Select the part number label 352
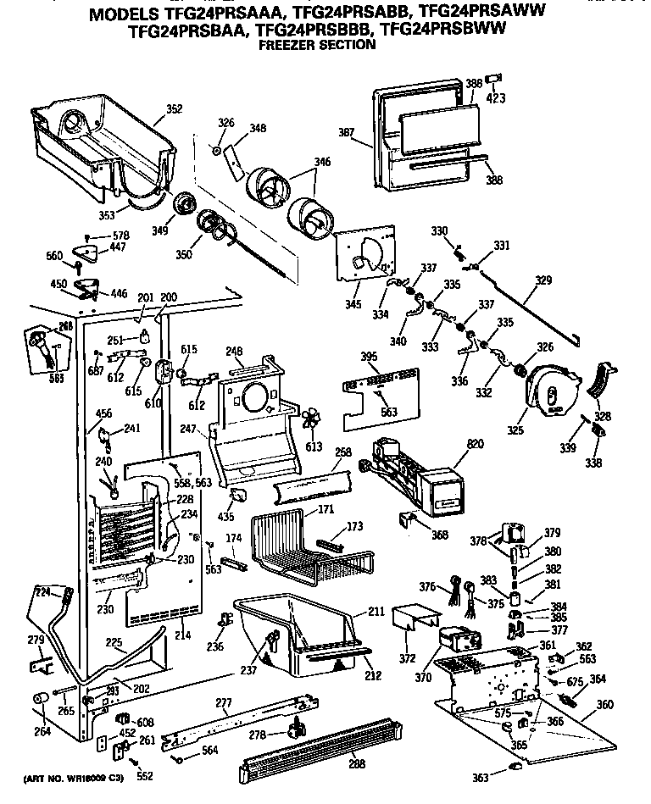(174, 108)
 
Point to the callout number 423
(496, 98)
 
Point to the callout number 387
(346, 133)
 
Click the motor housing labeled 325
(550, 395)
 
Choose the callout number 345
(351, 304)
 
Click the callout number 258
(342, 454)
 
